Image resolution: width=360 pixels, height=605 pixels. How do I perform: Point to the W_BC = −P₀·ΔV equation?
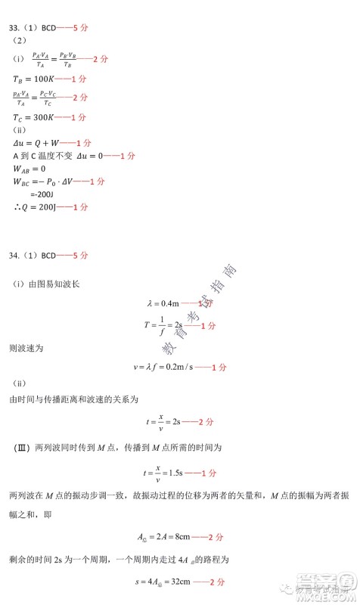45,181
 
